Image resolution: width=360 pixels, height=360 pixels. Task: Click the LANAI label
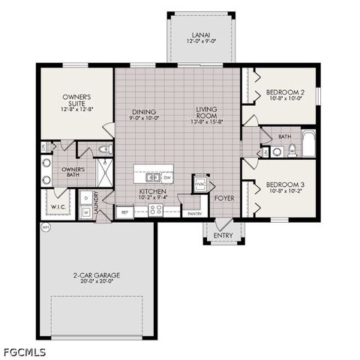pos(200,34)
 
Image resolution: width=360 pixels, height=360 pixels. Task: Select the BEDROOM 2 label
pos(284,94)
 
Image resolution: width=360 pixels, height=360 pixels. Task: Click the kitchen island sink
pos(153,178)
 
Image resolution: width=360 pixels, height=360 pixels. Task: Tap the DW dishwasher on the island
pos(167,178)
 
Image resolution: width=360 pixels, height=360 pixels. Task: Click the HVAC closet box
pos(200,184)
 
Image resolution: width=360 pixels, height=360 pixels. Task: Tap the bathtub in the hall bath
pos(309,143)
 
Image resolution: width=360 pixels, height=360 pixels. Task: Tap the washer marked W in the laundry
pos(86,212)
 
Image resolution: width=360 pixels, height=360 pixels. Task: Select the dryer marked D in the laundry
pos(86,197)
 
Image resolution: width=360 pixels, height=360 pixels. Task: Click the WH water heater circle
pos(45,226)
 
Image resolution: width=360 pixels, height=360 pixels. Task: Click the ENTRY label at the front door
pos(223,235)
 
